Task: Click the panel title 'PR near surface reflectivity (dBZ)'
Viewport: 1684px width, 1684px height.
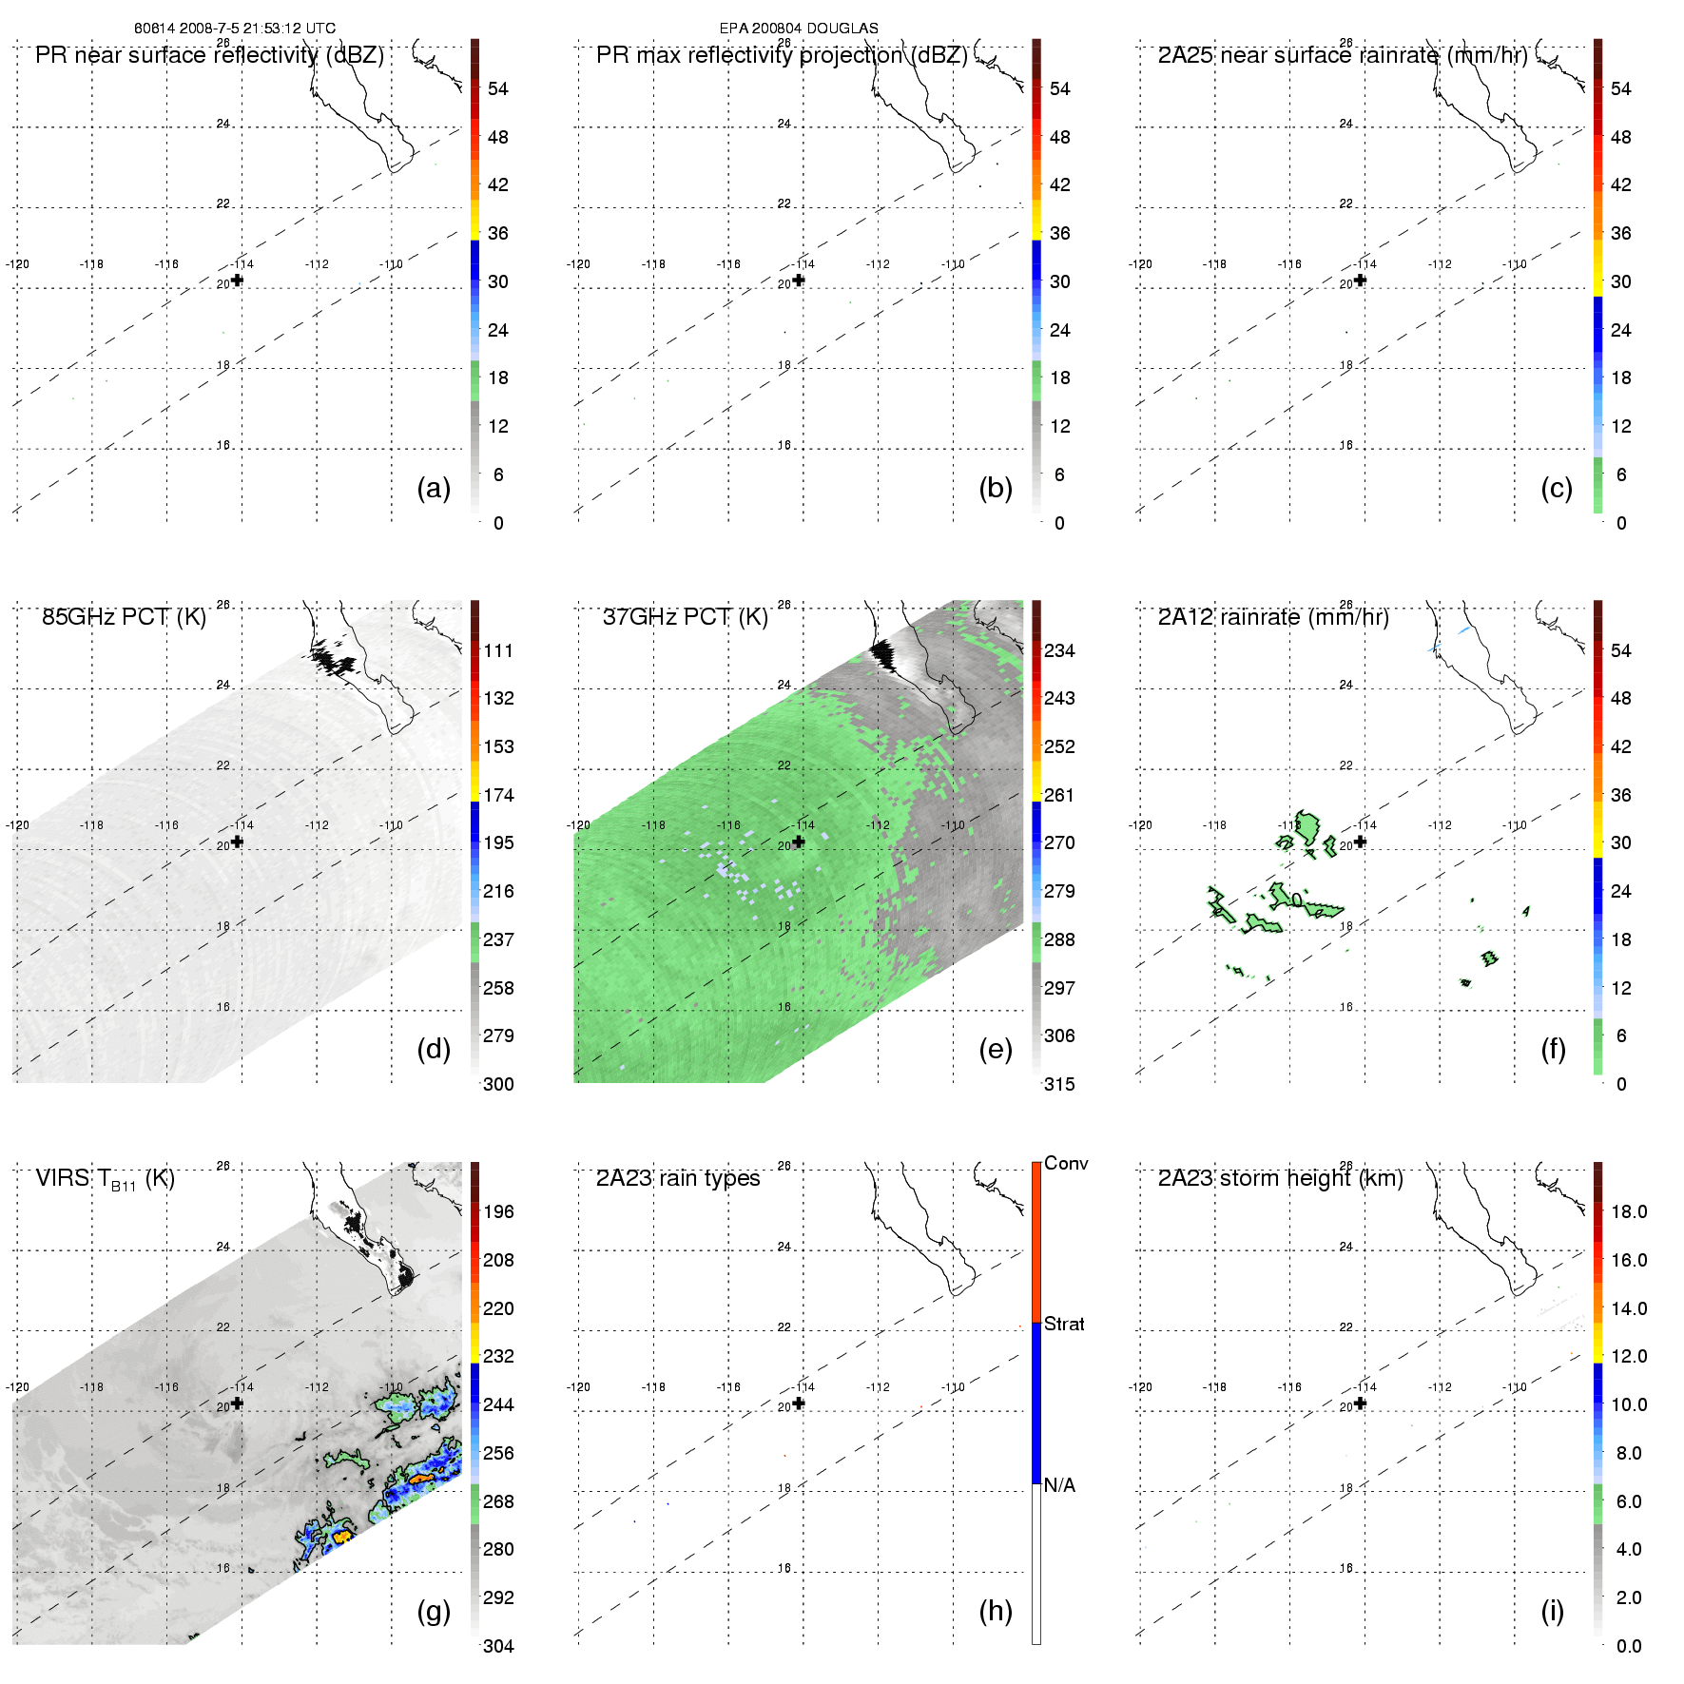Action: [x=209, y=55]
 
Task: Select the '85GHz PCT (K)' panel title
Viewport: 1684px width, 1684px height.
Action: [x=124, y=617]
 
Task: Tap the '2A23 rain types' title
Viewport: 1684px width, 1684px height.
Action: [x=677, y=1178]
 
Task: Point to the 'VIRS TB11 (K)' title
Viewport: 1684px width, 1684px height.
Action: [x=105, y=1179]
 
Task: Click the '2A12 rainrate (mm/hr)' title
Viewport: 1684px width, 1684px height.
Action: [x=1272, y=617]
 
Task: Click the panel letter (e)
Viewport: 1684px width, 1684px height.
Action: [x=995, y=1049]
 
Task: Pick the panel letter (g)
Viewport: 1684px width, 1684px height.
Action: [x=434, y=1611]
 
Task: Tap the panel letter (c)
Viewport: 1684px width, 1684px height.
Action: [x=1556, y=488]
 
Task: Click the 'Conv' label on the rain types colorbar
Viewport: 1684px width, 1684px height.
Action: [x=1065, y=1163]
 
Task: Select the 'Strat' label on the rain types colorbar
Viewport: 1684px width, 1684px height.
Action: [x=1064, y=1324]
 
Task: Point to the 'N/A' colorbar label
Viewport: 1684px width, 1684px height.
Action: [x=1059, y=1485]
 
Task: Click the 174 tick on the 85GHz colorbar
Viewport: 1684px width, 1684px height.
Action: [x=498, y=795]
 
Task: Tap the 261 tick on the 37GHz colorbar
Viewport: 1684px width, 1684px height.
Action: [x=1059, y=795]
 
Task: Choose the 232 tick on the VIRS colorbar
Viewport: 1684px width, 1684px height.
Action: [x=498, y=1356]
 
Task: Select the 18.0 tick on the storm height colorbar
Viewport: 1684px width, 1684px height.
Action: [x=1628, y=1211]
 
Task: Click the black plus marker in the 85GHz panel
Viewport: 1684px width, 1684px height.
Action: [x=237, y=842]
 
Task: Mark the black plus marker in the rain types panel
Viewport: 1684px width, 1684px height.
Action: [x=799, y=1403]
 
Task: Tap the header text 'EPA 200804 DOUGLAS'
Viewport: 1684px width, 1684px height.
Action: [x=799, y=29]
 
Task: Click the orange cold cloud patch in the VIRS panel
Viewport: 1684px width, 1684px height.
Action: [x=421, y=1479]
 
